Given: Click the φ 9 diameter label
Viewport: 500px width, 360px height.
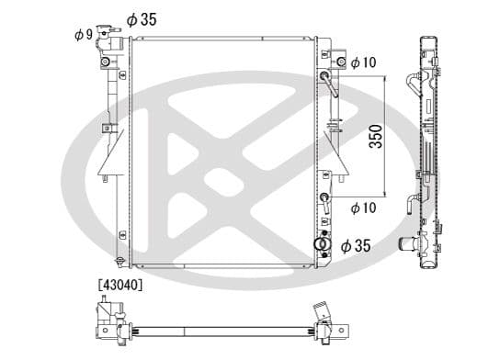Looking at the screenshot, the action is [x=84, y=34].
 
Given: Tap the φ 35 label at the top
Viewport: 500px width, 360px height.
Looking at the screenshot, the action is [x=142, y=20].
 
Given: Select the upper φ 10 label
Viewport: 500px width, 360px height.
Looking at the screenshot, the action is [x=364, y=62].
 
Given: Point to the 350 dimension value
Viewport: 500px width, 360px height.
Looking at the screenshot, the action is [x=376, y=136].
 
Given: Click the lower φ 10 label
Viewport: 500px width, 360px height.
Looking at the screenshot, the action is [x=364, y=208].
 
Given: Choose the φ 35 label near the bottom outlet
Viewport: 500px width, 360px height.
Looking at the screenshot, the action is [x=356, y=246].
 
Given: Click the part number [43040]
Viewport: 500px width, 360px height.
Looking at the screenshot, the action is [x=120, y=285].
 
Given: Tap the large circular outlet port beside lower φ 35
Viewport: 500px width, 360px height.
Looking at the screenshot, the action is [x=323, y=244].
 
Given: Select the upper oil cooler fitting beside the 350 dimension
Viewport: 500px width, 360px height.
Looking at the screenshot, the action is [x=329, y=84].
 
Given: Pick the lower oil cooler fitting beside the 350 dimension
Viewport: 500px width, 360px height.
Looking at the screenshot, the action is [x=324, y=203].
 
